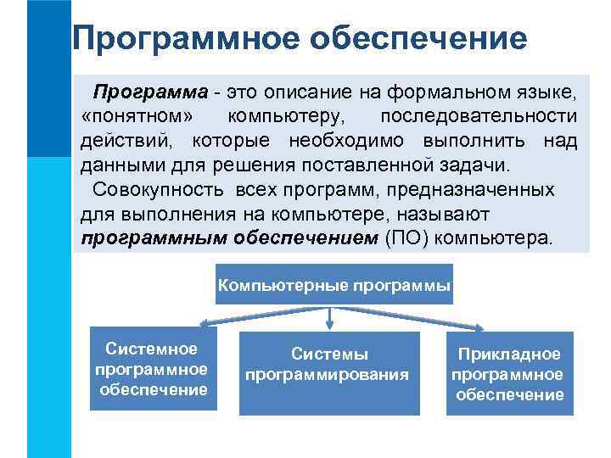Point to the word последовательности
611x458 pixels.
pyautogui.click(x=479, y=115)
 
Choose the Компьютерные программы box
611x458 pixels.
pyautogui.click(x=334, y=286)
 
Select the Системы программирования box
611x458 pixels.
pyautogui.click(x=329, y=372)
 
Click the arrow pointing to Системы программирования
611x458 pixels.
pyautogui.click(x=329, y=317)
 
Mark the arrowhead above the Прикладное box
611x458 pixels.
pyautogui.click(x=484, y=327)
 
